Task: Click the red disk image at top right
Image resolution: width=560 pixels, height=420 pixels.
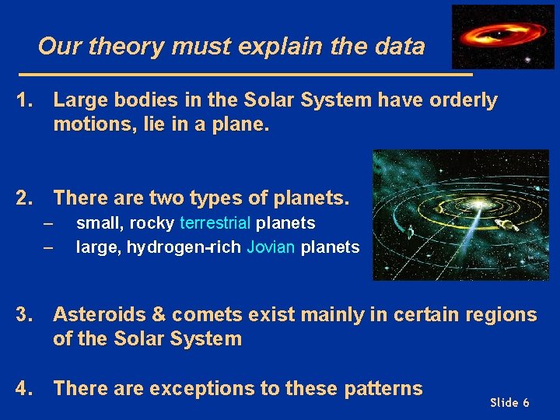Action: click(x=492, y=37)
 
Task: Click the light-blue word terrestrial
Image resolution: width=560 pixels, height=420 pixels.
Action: click(x=215, y=223)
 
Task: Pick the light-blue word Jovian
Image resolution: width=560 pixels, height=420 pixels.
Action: click(x=271, y=248)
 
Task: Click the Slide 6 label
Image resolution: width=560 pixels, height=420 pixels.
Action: click(x=509, y=402)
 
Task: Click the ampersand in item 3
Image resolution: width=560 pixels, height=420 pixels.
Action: click(x=155, y=315)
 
